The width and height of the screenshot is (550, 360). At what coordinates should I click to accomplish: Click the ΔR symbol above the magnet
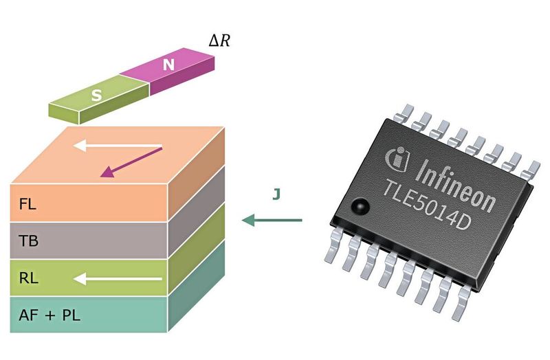tap(219, 41)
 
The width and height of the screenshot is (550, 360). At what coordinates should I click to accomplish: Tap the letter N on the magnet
tap(168, 65)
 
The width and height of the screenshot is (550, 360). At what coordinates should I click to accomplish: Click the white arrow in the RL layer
tap(118, 279)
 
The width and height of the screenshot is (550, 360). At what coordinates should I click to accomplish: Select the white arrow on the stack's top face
tap(118, 146)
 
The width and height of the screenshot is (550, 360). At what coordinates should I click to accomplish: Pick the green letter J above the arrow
tap(276, 194)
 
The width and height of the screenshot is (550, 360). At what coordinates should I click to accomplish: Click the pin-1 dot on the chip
tap(358, 205)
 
